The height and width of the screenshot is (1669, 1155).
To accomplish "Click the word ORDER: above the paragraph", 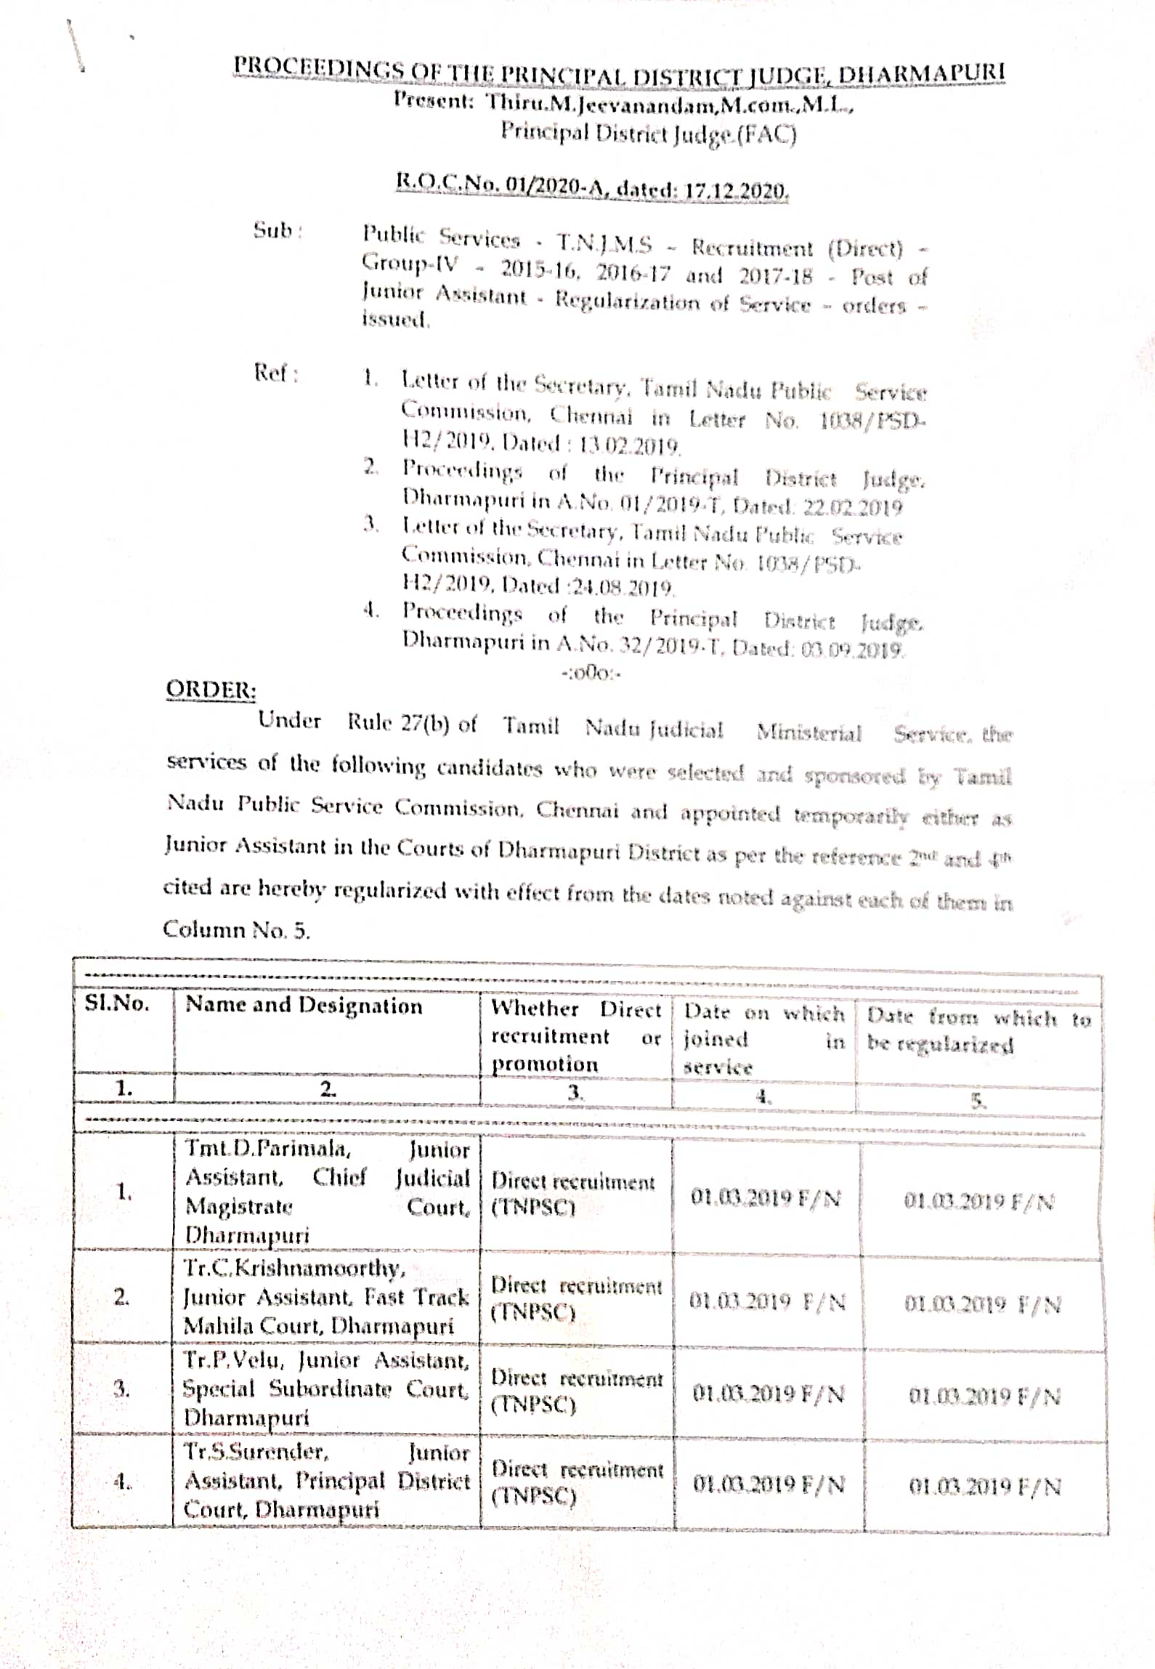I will pos(211,689).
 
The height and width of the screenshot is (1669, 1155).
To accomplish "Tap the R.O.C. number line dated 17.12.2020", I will pos(591,186).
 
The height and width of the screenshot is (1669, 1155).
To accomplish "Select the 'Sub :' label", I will pos(277,230).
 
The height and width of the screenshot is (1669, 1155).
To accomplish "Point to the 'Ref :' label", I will pos(275,373).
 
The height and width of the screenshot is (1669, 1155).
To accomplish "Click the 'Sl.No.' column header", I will pos(117,1003).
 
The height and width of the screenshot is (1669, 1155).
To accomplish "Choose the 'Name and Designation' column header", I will pos(304,1005).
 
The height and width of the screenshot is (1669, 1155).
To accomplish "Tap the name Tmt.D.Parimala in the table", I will pos(267,1148).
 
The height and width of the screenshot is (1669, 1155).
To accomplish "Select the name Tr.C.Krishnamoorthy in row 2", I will pos(294,1268).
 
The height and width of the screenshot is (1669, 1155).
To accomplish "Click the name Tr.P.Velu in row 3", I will pos(235,1359).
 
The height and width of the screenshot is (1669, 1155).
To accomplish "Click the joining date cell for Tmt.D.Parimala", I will pos(766,1197).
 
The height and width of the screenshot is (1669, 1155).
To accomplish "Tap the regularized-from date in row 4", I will pos(984,1486).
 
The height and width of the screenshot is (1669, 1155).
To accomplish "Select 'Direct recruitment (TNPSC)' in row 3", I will pos(576,1390).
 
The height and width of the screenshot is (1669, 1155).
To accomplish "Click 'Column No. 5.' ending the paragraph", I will pos(236,929).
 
